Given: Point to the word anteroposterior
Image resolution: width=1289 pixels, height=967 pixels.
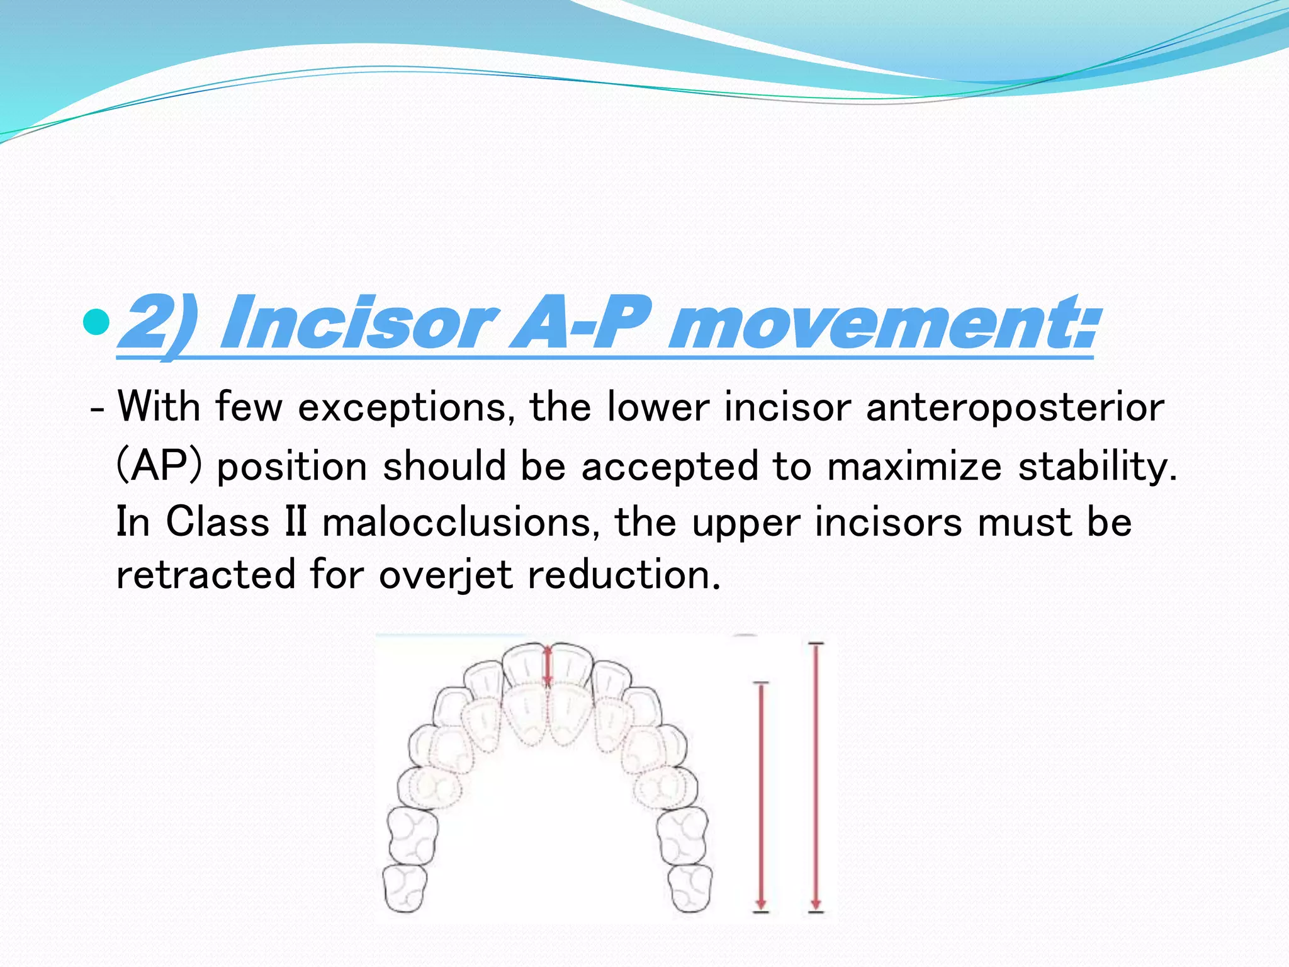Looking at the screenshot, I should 1015,408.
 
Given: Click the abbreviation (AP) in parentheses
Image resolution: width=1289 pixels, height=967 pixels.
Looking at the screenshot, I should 159,467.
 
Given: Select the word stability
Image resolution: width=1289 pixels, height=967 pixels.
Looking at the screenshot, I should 1097,467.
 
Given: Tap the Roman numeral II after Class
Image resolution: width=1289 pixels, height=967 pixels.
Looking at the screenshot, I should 296,522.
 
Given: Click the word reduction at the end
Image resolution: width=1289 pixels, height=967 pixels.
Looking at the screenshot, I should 623,575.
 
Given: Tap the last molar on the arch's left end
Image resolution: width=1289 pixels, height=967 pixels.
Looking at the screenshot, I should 405,888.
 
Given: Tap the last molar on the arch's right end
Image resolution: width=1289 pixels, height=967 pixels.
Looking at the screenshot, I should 690,888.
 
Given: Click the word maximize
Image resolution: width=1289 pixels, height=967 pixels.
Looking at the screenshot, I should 913,467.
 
